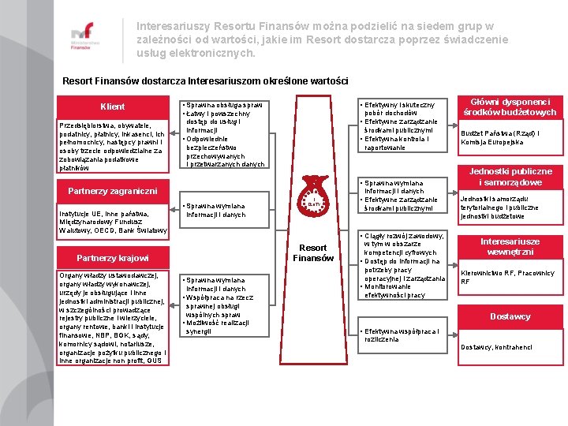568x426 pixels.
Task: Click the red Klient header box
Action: pyautogui.click(x=112, y=106)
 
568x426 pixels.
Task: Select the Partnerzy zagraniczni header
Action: pyautogui.click(x=112, y=191)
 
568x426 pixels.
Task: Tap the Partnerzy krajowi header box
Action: pyautogui.click(x=112, y=258)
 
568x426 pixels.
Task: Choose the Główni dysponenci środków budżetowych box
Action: pyautogui.click(x=510, y=106)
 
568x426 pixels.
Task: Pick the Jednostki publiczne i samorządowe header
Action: pyautogui.click(x=510, y=177)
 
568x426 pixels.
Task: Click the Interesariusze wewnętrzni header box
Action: pyautogui.click(x=510, y=247)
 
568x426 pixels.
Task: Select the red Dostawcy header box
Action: pyautogui.click(x=510, y=316)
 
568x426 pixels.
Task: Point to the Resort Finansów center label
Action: pyautogui.click(x=314, y=252)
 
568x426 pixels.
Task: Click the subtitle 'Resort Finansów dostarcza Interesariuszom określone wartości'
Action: pyautogui.click(x=204, y=81)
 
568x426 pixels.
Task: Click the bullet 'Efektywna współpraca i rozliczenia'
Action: pyautogui.click(x=402, y=335)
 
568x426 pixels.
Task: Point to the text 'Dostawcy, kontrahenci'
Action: pyautogui.click(x=496, y=347)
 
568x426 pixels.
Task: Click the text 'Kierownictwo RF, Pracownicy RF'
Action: pyautogui.click(x=507, y=277)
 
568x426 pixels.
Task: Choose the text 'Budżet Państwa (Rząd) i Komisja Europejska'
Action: pyautogui.click(x=500, y=137)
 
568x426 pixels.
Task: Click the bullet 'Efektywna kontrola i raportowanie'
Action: pyautogui.click(x=398, y=143)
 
